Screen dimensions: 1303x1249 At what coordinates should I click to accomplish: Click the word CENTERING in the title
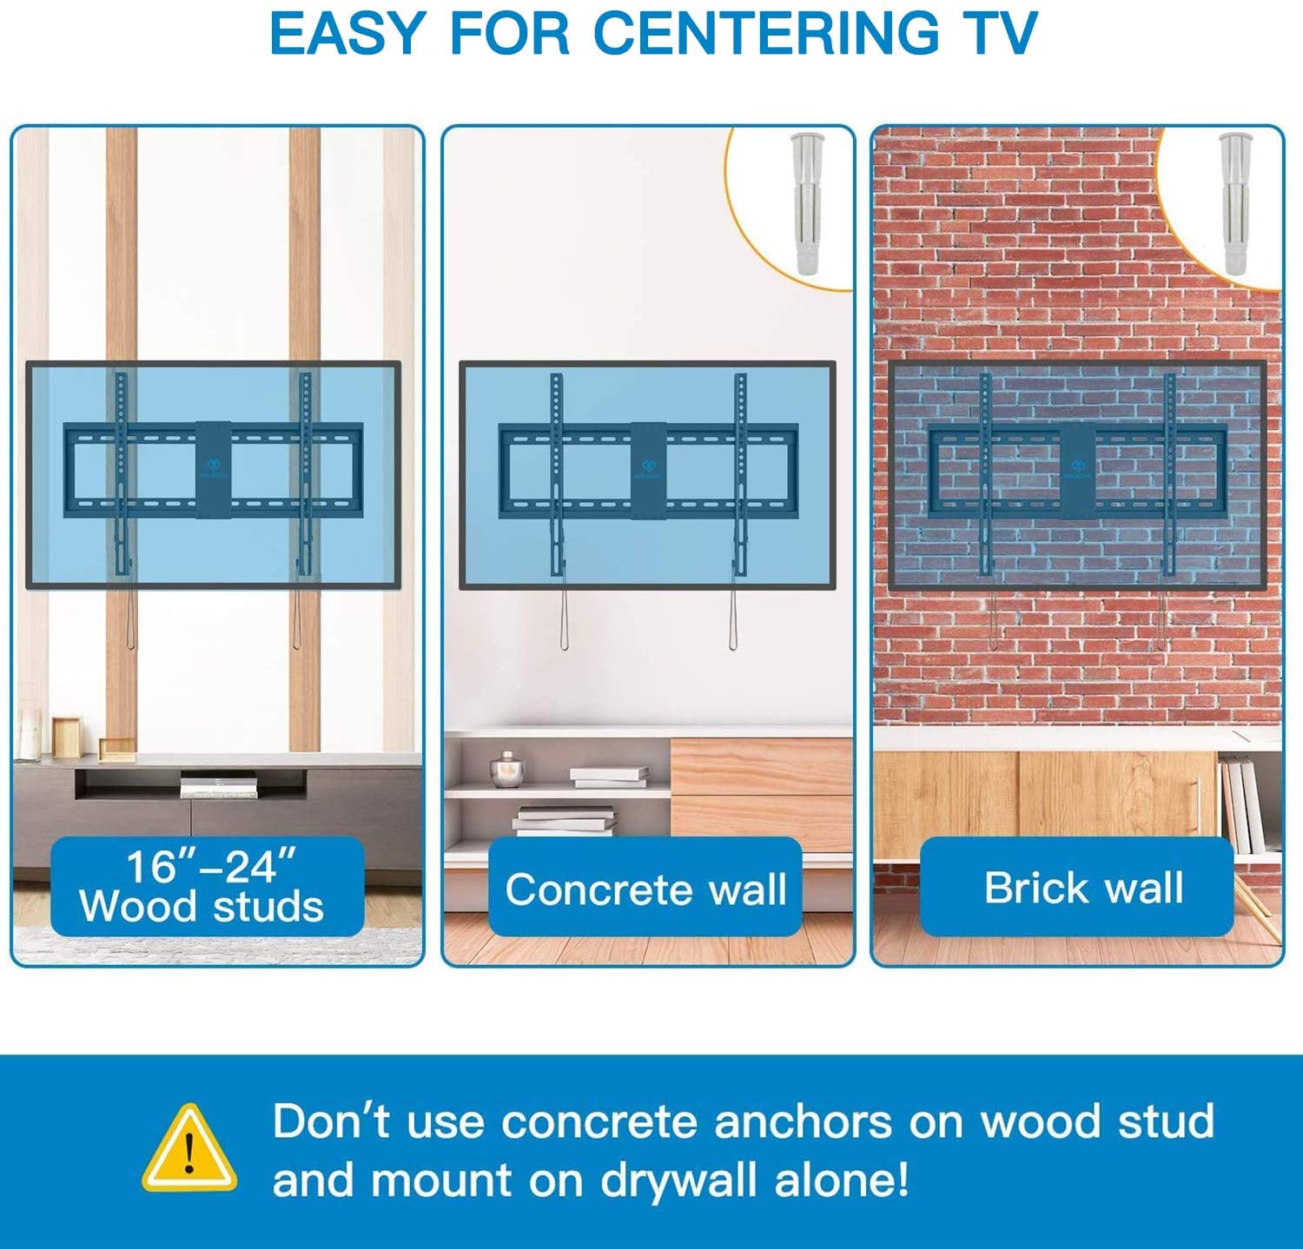[765, 34]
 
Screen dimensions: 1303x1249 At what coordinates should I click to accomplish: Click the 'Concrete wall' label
[645, 889]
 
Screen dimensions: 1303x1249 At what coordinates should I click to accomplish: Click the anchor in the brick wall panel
[1235, 205]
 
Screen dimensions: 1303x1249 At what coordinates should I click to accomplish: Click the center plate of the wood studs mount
[213, 470]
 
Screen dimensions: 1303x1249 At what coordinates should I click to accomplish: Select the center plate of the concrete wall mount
[648, 470]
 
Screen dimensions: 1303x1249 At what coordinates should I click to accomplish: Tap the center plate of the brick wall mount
[1077, 470]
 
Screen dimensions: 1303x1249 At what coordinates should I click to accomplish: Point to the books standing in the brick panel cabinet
[1238, 804]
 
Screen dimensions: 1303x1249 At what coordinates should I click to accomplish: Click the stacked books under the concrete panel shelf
[566, 820]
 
